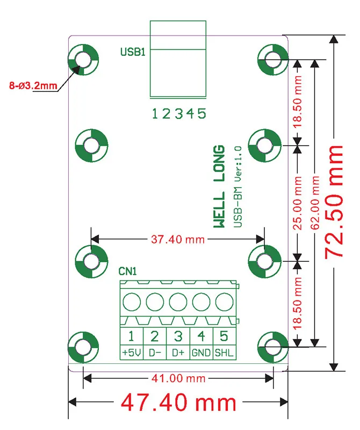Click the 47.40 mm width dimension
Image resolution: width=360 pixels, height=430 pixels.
tap(178, 403)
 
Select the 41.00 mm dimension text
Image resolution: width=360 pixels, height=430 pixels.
tap(178, 379)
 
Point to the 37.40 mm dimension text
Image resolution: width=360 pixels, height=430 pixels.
tap(178, 239)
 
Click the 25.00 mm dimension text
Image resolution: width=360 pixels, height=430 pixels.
tap(298, 203)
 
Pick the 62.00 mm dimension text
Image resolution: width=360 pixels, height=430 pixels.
tap(315, 203)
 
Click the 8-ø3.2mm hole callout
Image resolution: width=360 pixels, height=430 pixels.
tap(33, 85)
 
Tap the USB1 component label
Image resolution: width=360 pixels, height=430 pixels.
tap(133, 52)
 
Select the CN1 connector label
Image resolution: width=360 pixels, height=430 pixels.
tap(127, 271)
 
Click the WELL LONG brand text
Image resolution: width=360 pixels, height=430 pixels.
tap(219, 187)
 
